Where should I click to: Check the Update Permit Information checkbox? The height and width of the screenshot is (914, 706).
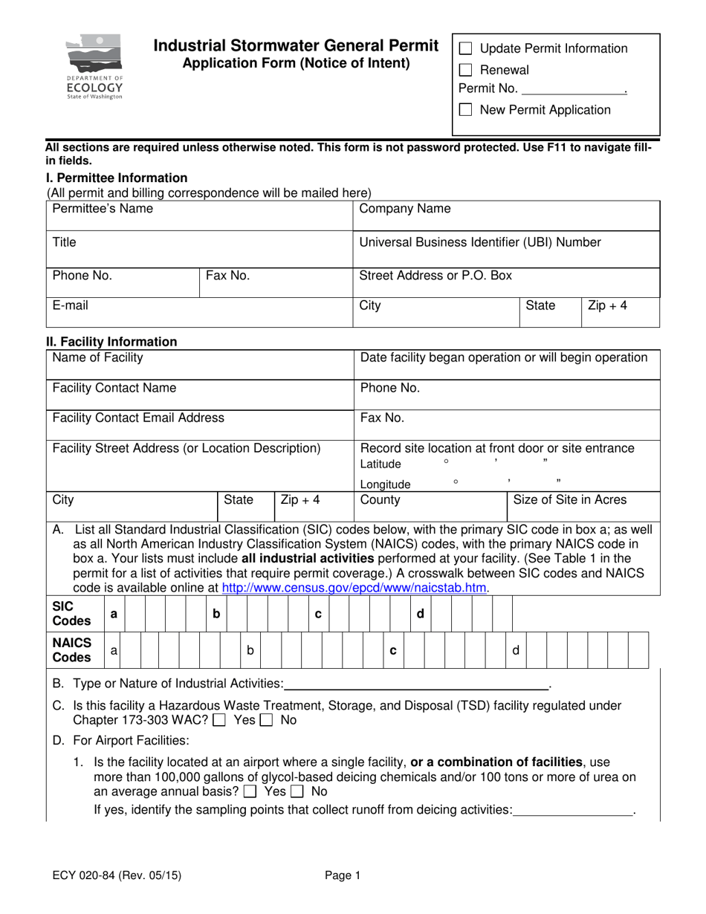(466, 49)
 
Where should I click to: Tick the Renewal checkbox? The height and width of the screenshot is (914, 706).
(466, 71)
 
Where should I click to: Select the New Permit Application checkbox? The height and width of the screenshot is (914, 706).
(466, 111)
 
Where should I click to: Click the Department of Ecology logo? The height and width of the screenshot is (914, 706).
(94, 68)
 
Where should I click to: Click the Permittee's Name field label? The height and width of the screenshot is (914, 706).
(103, 209)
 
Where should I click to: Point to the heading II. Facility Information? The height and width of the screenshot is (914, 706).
(112, 342)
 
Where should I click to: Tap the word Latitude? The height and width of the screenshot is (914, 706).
(380, 464)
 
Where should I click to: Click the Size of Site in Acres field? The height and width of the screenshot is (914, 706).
(583, 508)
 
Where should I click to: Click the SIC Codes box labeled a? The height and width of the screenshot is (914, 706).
(114, 615)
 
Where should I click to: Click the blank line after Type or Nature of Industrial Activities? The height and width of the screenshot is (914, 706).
(416, 682)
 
